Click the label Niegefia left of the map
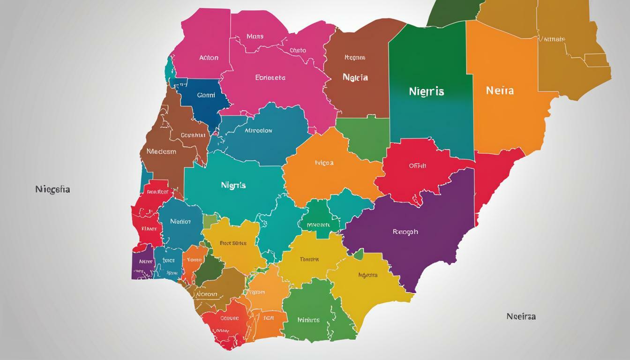(x=52, y=190)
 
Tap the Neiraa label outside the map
(x=521, y=316)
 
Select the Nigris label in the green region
(x=426, y=91)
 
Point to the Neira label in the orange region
(x=500, y=90)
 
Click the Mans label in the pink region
(x=255, y=36)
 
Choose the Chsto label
(x=298, y=50)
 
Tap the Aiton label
(x=209, y=58)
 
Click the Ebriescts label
(x=270, y=78)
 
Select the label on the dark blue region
(x=206, y=95)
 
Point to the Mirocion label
(x=258, y=131)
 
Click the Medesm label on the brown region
(x=161, y=151)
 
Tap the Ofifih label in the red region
(x=418, y=165)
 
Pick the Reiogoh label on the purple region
(x=405, y=232)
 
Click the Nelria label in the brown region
(x=355, y=77)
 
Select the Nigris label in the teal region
(x=233, y=185)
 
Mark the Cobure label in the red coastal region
(x=229, y=318)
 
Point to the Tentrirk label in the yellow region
(x=309, y=259)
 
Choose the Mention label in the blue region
(x=180, y=221)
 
